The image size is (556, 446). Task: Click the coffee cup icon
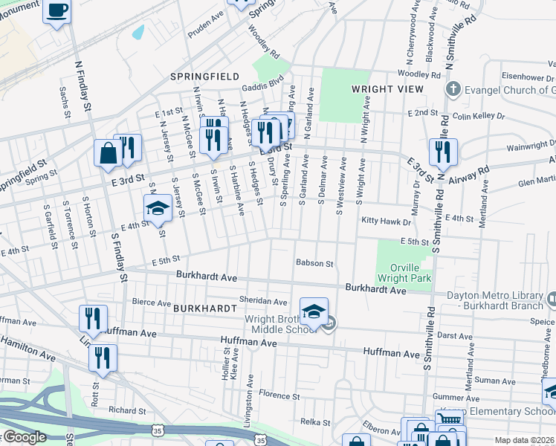coord(56,11)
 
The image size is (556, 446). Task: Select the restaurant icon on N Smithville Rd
coord(442,152)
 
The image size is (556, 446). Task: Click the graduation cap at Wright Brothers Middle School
coord(314,310)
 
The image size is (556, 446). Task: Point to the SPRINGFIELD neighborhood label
coord(204,77)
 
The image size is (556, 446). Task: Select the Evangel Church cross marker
coord(453,90)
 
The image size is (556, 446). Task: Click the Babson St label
coord(314,262)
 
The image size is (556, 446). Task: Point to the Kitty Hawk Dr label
coord(386,222)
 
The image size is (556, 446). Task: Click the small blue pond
coord(138,32)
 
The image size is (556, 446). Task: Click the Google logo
coord(24,437)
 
